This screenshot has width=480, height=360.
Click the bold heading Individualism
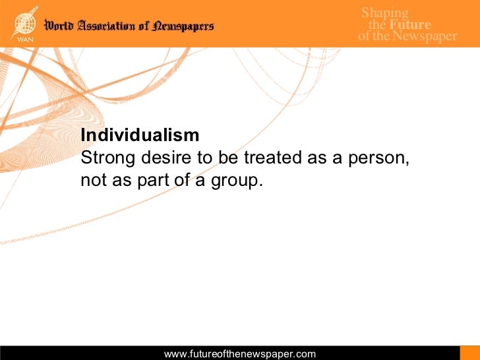[140, 135]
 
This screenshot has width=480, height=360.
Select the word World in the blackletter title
[59, 26]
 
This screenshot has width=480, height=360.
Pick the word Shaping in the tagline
[385, 13]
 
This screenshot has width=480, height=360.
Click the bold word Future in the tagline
[410, 25]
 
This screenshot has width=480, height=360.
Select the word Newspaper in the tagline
[424, 36]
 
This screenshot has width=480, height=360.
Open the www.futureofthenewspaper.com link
[240, 354]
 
